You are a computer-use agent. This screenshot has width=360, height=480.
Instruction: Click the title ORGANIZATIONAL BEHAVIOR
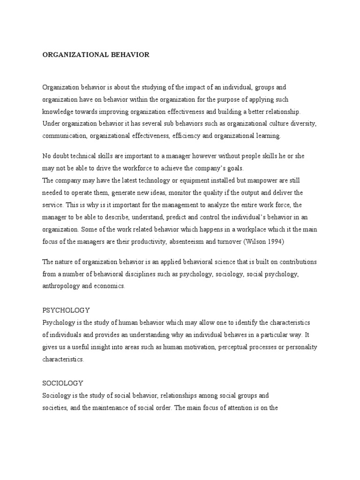point(96,55)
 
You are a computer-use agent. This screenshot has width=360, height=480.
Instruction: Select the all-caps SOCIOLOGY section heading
point(63,383)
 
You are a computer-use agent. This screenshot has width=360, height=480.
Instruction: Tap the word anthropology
point(61,286)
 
